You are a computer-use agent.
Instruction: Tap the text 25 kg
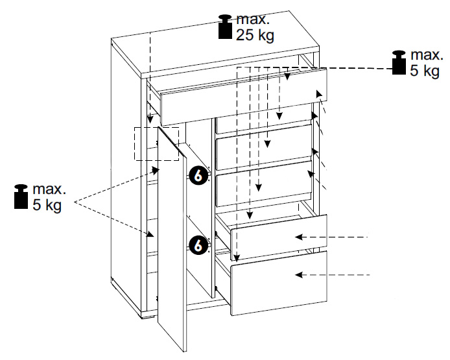(255, 35)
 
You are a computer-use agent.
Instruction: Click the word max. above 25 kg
(252, 20)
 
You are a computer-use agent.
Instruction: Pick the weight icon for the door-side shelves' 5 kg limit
(21, 197)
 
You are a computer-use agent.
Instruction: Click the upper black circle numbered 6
(199, 175)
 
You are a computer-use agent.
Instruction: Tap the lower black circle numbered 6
(199, 245)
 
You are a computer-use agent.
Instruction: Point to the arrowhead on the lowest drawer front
(299, 276)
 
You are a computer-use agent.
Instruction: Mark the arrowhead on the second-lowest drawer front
(299, 237)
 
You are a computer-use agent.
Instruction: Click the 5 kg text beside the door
(47, 204)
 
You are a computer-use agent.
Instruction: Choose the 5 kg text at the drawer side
(424, 70)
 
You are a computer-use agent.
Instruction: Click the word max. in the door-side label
(49, 189)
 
